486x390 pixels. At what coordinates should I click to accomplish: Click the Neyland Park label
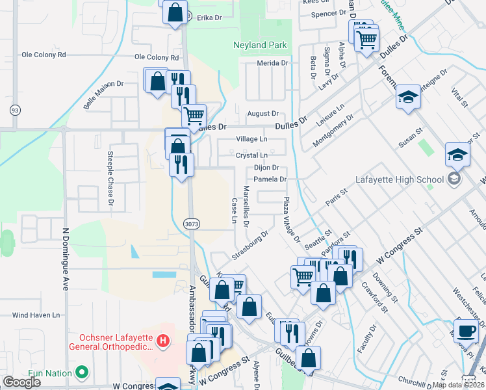(x=260, y=46)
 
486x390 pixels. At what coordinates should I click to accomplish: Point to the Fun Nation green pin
(x=81, y=372)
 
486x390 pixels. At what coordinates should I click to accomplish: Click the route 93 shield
(x=14, y=110)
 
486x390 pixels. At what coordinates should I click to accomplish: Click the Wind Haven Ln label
(x=36, y=315)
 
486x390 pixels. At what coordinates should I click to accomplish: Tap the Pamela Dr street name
(x=270, y=179)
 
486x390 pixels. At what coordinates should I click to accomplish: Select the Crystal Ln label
(x=251, y=156)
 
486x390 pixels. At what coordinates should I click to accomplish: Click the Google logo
(x=21, y=382)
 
